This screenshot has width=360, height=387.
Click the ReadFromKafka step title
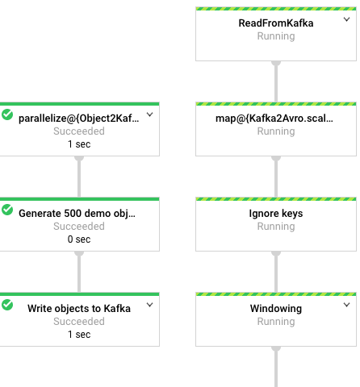click(x=276, y=23)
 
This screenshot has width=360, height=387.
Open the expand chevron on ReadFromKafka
click(x=346, y=19)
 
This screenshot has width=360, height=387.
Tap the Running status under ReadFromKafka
click(x=276, y=36)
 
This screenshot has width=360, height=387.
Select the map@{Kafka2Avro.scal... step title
click(x=274, y=119)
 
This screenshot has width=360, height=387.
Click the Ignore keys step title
click(x=276, y=214)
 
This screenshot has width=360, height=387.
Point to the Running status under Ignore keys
click(x=276, y=227)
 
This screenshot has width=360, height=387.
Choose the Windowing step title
click(x=276, y=309)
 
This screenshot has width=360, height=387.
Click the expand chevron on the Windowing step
click(x=346, y=305)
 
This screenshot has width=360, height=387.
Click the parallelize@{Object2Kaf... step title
click(x=79, y=119)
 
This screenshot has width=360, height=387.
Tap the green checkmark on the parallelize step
click(x=7, y=114)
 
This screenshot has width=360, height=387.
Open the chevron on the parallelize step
click(x=149, y=114)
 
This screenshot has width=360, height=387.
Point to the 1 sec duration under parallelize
click(x=79, y=144)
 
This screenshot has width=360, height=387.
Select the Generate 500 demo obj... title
click(x=77, y=214)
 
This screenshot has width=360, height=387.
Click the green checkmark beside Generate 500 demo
click(x=7, y=210)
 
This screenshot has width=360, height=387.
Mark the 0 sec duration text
click(x=79, y=239)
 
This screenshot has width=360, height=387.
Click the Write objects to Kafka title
click(x=79, y=309)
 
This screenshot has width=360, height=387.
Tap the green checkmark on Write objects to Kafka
click(x=7, y=305)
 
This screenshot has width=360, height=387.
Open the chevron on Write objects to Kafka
click(x=149, y=305)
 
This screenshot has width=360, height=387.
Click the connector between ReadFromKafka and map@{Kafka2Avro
click(x=276, y=81)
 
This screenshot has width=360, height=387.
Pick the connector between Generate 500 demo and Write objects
click(x=79, y=272)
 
